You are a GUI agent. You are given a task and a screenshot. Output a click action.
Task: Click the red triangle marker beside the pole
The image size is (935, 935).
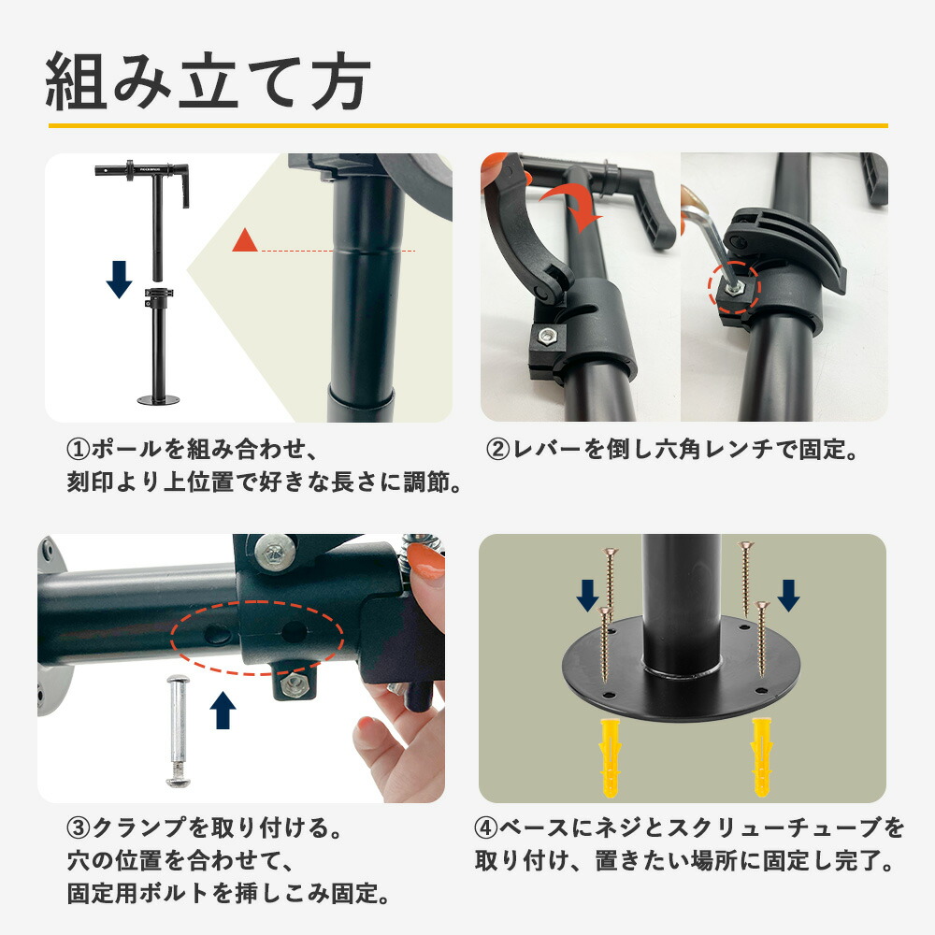[x=245, y=241]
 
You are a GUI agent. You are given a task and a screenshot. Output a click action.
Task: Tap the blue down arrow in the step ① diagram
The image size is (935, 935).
[x=119, y=279]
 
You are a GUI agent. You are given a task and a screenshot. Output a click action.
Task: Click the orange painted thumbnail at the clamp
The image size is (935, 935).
[x=425, y=567]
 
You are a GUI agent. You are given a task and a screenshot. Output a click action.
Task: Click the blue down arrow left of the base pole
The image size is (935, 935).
[x=587, y=595]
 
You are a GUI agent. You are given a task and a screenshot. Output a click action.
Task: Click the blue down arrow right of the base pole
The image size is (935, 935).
[x=787, y=595]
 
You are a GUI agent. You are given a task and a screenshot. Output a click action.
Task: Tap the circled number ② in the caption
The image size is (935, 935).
[x=496, y=450]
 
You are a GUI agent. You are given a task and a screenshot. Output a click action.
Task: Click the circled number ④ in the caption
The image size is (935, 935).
[x=485, y=828]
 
